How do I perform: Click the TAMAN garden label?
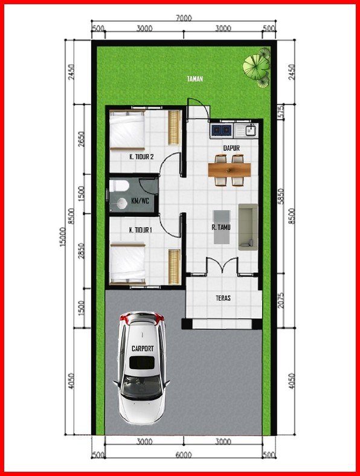coord(194,79)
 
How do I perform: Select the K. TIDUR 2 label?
coord(141,157)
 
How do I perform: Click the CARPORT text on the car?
coord(143,349)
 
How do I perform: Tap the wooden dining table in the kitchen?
coord(230,170)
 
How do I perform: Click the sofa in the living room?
coord(248,227)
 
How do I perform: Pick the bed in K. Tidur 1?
coord(127,262)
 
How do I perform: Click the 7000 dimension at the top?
coord(184,19)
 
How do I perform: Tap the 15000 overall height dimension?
coord(63,239)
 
